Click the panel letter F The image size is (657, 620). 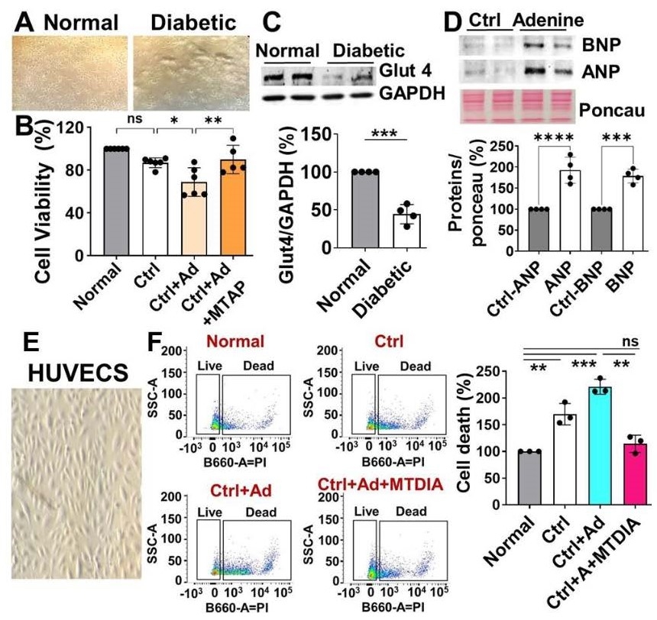[152, 344]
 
